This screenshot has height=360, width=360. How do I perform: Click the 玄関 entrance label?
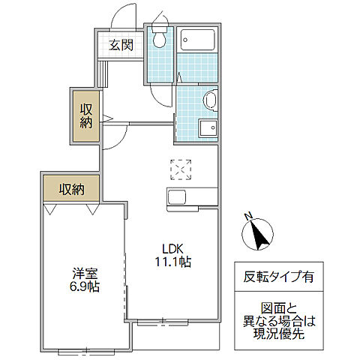(x=121, y=45)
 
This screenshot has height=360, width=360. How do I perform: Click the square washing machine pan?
(x=207, y=128)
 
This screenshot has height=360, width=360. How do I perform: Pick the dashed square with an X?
(x=181, y=170)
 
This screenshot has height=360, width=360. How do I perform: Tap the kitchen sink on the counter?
(x=178, y=197)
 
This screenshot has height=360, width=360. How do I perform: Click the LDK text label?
(x=169, y=249)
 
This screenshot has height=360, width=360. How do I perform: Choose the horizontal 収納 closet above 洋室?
(x=72, y=189)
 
